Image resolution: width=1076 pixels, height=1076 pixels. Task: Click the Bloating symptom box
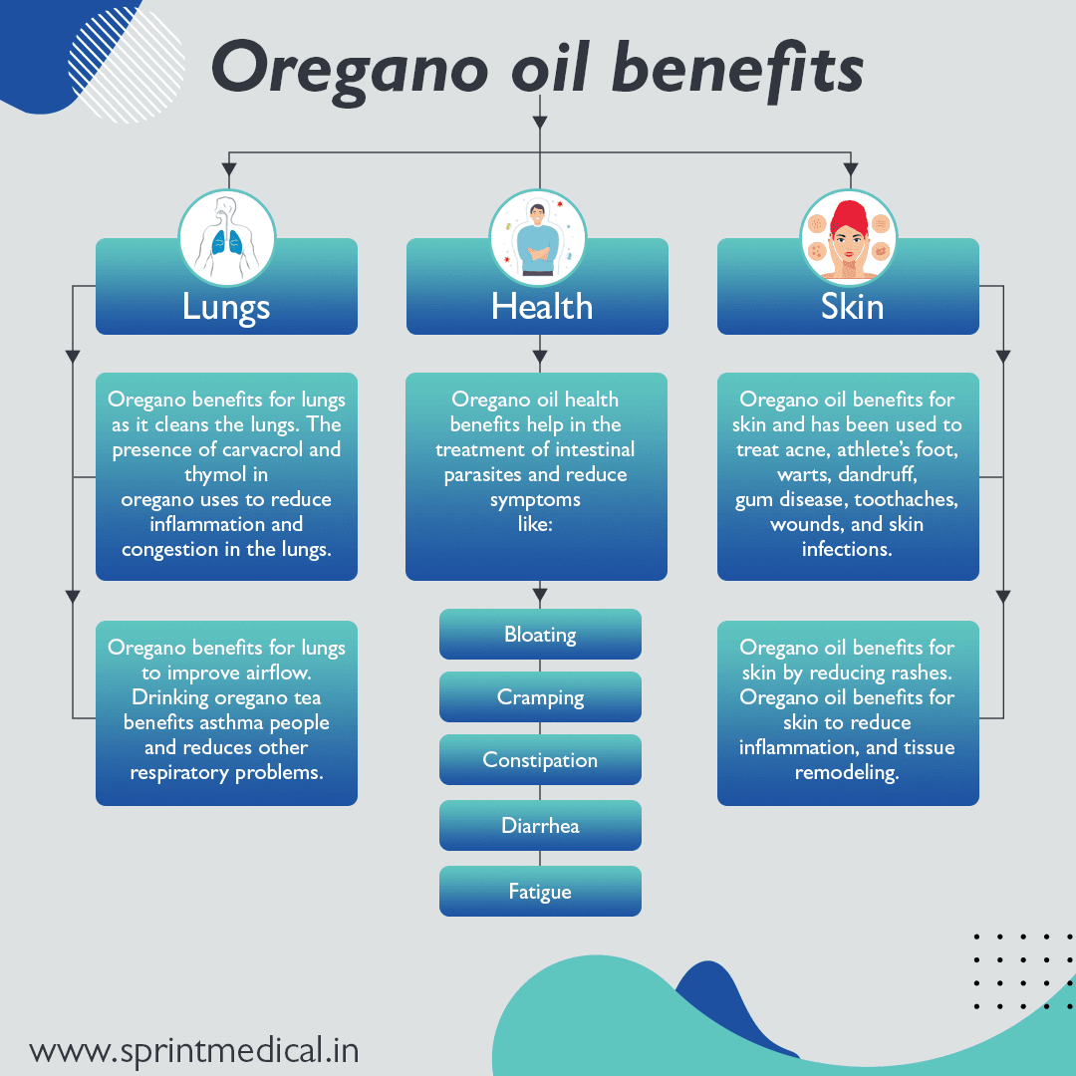[540, 635]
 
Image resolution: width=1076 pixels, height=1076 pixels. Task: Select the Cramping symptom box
[540, 697]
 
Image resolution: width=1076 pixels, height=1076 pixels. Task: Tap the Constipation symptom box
[540, 760]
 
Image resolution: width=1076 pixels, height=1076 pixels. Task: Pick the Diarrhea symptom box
[540, 826]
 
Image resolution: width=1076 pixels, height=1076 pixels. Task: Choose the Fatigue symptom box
[540, 892]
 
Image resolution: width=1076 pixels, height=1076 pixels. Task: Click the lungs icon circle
[226, 238]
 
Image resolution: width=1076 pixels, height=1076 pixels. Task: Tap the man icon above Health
[538, 238]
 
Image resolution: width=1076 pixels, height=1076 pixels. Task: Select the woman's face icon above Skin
[849, 238]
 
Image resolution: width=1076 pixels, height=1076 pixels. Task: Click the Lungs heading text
[226, 307]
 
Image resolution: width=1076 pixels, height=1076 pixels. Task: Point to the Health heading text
[541, 307]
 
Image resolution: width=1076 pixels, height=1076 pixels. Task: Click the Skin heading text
[852, 307]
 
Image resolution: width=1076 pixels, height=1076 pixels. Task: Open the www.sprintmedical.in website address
[193, 1050]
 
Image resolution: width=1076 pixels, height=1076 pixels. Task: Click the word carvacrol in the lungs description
[243, 449]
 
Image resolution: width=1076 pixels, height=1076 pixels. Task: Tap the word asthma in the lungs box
[240, 722]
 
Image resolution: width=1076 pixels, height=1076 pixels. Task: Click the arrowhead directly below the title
[539, 122]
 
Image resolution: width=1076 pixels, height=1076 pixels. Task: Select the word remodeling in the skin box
[847, 772]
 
